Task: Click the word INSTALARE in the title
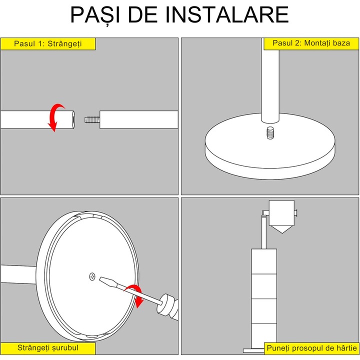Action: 227,14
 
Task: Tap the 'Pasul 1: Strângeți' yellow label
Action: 48,44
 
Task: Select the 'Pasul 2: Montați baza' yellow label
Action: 311,43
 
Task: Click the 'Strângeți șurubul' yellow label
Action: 48,348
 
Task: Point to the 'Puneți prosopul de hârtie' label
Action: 311,348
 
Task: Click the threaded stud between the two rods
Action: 92,119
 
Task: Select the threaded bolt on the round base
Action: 270,133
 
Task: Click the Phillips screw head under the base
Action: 92,276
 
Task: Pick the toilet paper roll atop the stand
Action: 281,213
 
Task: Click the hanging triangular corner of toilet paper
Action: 281,229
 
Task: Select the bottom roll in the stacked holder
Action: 264,335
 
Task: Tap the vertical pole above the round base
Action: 270,80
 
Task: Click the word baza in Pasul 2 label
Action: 341,43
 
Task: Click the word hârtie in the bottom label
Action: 347,348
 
